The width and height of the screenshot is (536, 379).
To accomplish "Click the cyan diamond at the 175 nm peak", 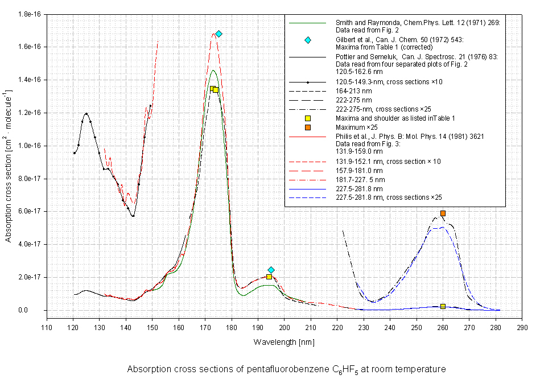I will (218, 34).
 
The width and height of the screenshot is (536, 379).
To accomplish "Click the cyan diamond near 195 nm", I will (271, 270).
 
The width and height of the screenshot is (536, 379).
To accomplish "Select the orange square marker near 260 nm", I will (443, 213).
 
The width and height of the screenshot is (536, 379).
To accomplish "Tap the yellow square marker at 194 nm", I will (269, 277).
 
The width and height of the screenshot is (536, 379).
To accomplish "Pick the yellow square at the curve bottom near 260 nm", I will (443, 306).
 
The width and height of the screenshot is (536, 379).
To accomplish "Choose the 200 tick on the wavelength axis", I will (285, 327).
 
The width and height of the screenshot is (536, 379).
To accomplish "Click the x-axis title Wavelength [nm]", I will (283, 342).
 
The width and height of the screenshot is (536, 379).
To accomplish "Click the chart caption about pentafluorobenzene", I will (286, 369).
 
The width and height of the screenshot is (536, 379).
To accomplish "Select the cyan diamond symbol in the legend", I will (308, 40).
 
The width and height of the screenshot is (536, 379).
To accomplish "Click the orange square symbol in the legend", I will (308, 127).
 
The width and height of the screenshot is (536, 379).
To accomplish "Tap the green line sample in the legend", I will (308, 23).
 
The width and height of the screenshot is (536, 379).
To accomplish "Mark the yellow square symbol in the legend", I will (308, 118).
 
